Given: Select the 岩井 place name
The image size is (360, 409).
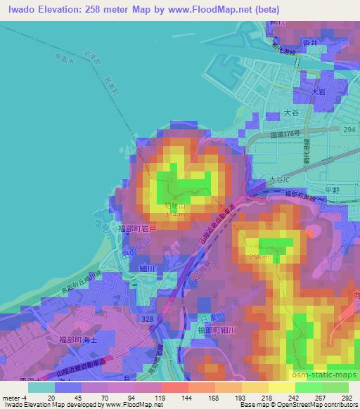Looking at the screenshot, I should click(x=310, y=42).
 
